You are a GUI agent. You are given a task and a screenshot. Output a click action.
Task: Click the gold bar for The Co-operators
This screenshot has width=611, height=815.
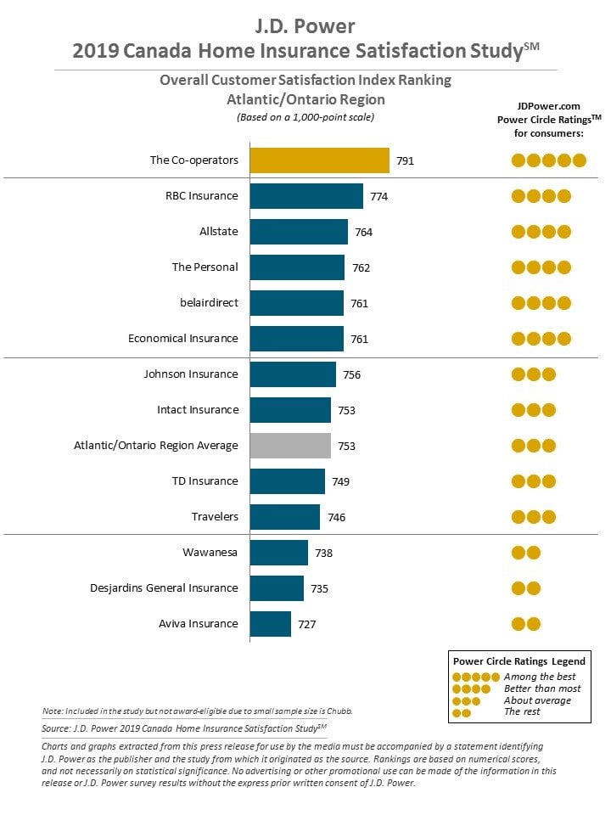[320, 160]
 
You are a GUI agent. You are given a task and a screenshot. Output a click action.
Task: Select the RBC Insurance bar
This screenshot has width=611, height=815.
[306, 196]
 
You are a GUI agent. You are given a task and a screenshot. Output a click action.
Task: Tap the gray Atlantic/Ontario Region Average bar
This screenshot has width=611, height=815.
[290, 446]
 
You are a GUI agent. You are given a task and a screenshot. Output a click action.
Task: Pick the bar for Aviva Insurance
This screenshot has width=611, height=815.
[270, 624]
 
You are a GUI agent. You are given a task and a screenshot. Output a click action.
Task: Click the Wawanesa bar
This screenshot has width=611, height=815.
[279, 553]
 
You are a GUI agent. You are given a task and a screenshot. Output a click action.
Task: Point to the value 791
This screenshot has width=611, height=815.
[406, 161]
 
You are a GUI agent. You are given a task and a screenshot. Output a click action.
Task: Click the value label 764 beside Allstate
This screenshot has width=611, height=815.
[364, 233]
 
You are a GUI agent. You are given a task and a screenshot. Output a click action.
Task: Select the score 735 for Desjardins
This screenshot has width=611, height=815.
[320, 589]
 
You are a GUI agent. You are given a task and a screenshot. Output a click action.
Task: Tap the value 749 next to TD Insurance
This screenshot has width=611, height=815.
[341, 482]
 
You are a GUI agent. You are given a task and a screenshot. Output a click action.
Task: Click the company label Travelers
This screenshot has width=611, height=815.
[215, 517]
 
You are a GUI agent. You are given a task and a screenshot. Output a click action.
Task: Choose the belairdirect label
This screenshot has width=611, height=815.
[209, 302]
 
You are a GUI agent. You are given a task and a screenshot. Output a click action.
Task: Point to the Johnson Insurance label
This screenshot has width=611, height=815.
[191, 374]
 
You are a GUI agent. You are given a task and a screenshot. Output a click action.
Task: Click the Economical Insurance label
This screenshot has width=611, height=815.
[183, 339]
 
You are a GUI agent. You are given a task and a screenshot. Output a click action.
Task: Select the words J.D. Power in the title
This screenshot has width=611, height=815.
[305, 26]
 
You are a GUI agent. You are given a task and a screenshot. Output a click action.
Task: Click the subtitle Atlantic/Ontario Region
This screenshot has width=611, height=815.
[305, 99]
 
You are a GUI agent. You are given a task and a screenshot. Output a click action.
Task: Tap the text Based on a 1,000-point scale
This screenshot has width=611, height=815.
[305, 117]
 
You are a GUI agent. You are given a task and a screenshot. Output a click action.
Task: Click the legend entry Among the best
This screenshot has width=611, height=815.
[540, 677]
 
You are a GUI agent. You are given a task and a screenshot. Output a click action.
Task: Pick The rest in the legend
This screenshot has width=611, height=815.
[522, 711]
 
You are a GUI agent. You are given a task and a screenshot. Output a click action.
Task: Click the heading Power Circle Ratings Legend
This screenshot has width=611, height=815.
[519, 661]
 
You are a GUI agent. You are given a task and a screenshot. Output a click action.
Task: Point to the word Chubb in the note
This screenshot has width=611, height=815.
[339, 711]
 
